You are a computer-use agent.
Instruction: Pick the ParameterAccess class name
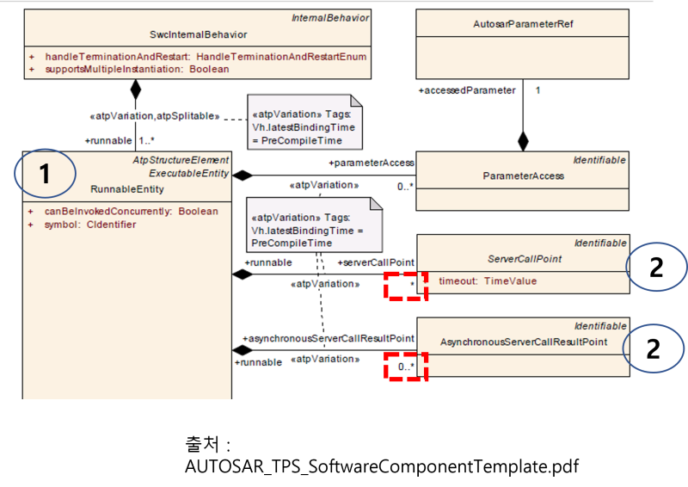[524, 176]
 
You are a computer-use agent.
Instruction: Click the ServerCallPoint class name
[524, 257]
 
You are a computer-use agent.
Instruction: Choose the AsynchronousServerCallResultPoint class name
[524, 342]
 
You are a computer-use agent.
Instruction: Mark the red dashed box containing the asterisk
[406, 285]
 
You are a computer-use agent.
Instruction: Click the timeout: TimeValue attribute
[488, 281]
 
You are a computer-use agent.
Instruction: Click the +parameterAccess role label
[372, 162]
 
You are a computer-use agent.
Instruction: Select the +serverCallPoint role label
[376, 262]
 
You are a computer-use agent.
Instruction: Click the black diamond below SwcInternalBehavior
[134, 89]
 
